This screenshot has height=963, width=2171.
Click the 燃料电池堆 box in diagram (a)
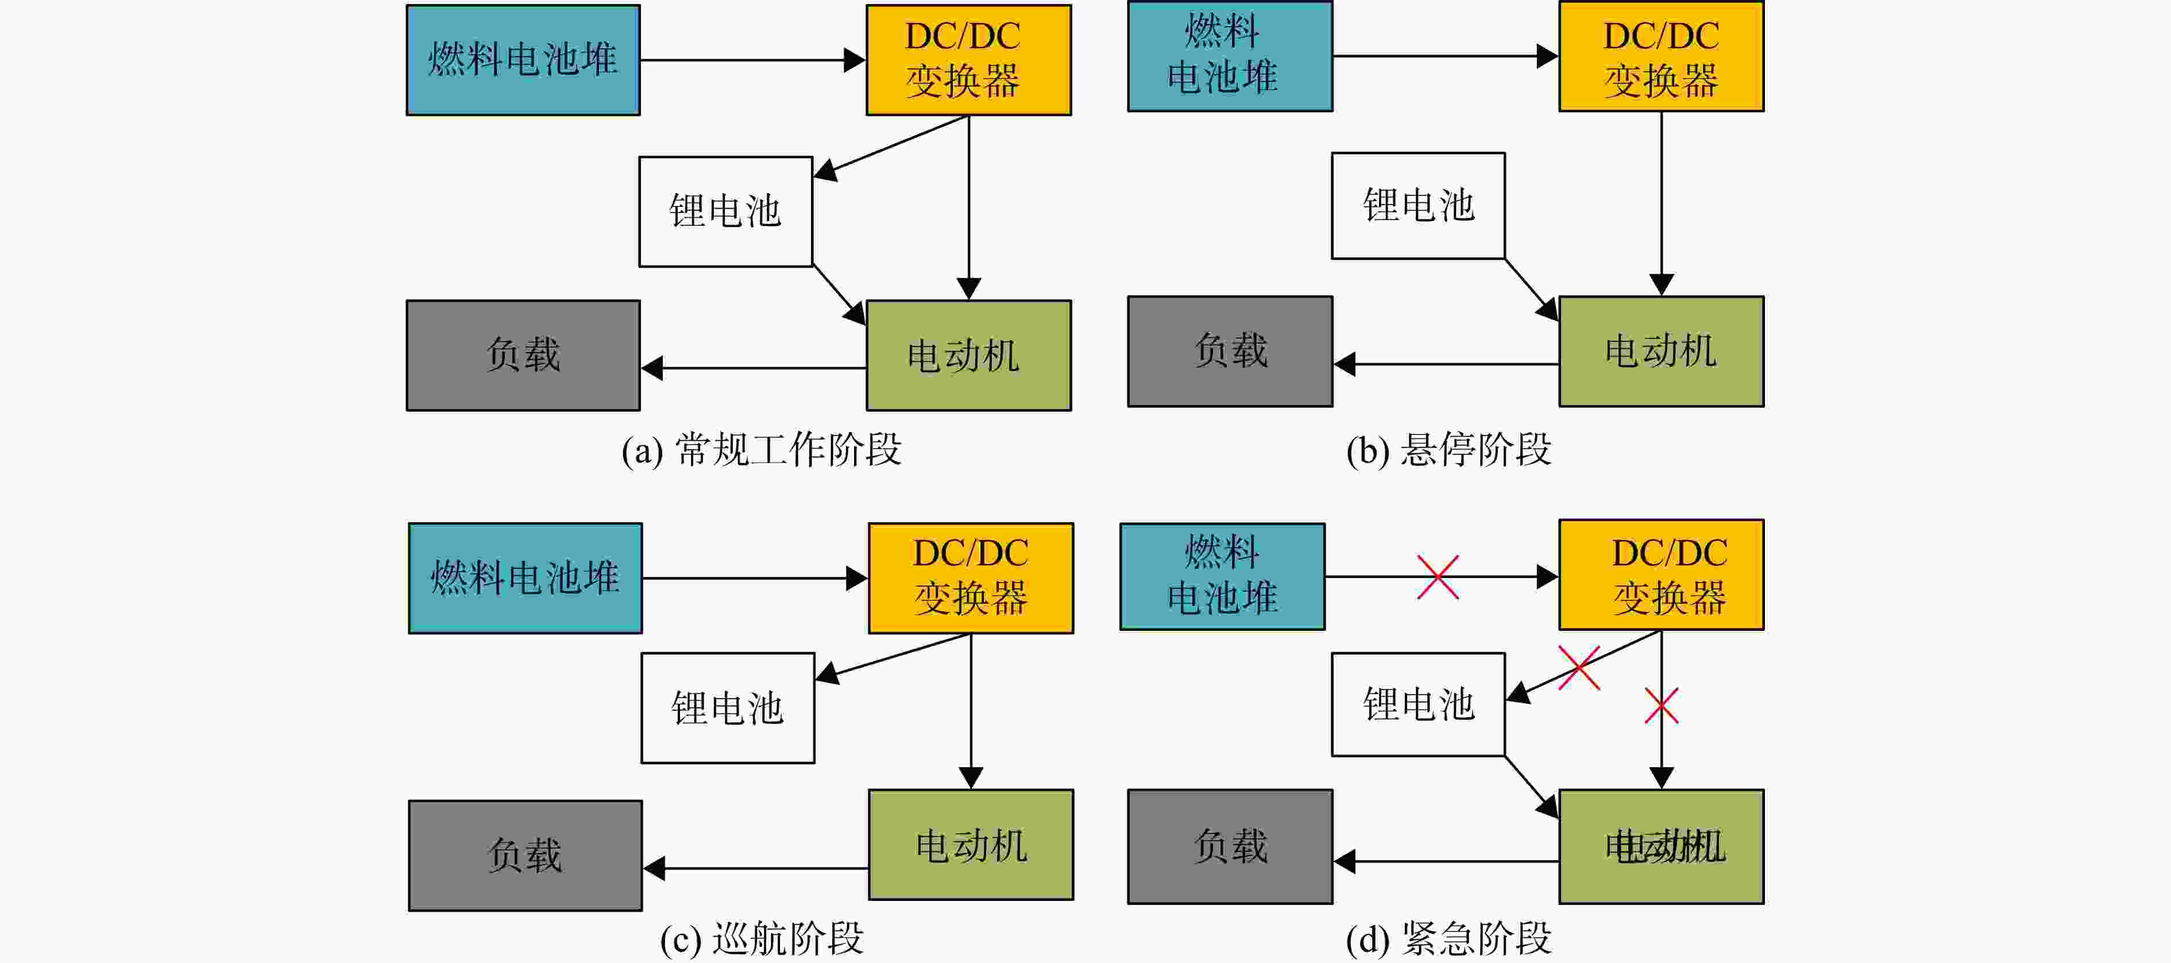(x=523, y=60)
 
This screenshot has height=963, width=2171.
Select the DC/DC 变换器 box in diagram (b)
(x=1661, y=56)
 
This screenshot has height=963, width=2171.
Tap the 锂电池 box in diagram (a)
(x=725, y=211)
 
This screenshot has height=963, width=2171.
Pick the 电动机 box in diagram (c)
(x=971, y=844)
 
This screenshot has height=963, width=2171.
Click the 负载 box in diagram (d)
(x=1230, y=846)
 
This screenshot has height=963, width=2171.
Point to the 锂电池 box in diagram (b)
(x=1419, y=206)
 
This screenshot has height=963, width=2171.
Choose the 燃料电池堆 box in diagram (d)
(x=1222, y=577)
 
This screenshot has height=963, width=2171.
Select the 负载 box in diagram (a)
(x=523, y=355)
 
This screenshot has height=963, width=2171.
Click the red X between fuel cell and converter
(x=1438, y=577)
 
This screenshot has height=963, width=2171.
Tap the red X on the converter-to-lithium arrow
(x=1578, y=668)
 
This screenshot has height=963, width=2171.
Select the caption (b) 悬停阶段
(x=1448, y=449)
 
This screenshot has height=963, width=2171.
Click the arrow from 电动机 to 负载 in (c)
(x=756, y=868)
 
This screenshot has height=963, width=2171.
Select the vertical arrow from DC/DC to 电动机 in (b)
(x=1661, y=203)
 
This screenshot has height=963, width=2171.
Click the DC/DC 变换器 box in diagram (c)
(x=971, y=577)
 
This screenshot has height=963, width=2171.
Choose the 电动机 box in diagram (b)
(x=1661, y=351)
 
